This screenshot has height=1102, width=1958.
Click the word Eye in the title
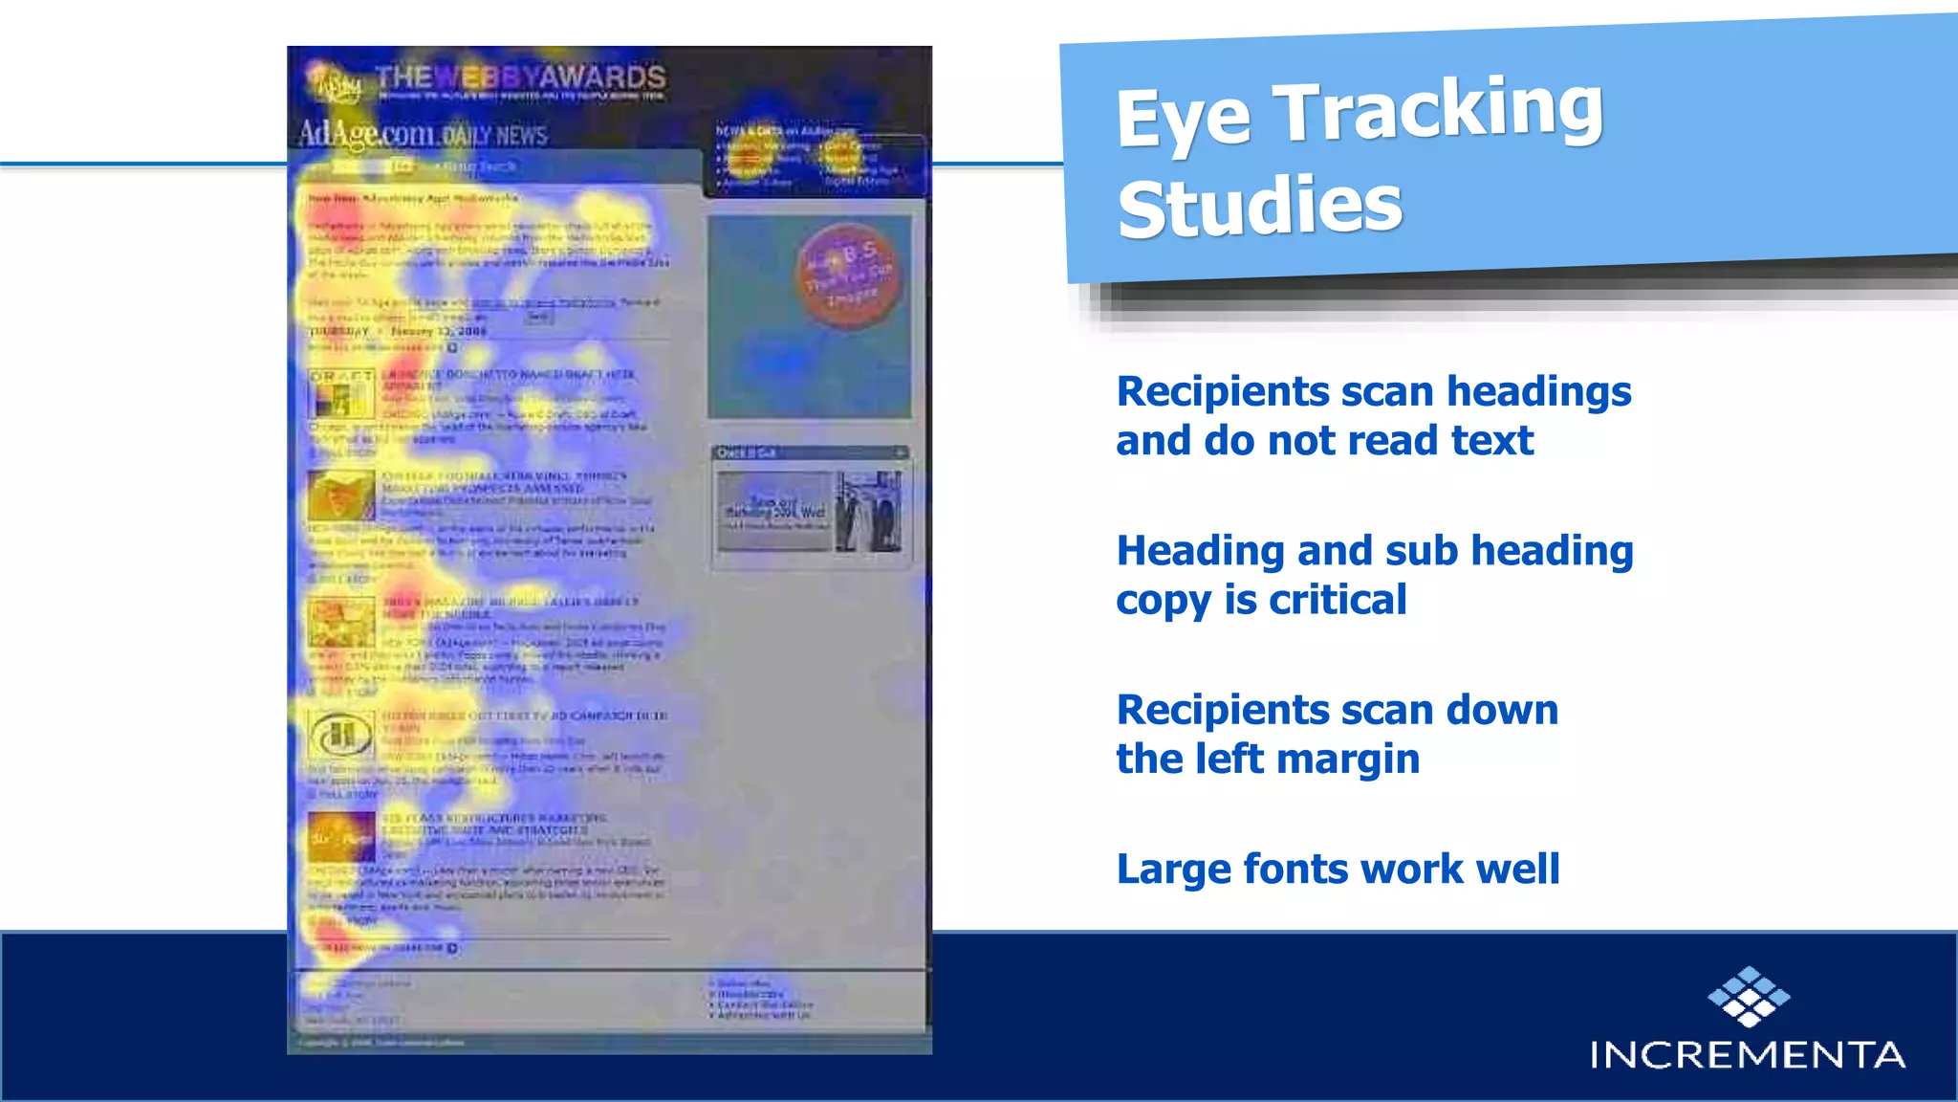pos(1183,119)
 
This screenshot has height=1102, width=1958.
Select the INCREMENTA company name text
pos(1747,1054)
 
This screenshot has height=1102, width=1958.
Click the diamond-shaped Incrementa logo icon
pos(1749,997)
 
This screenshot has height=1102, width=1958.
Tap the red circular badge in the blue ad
pos(847,276)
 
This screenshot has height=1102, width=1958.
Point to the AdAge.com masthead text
pos(367,134)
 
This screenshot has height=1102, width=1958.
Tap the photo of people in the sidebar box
pos(868,514)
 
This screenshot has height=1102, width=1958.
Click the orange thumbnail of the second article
pos(340,495)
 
